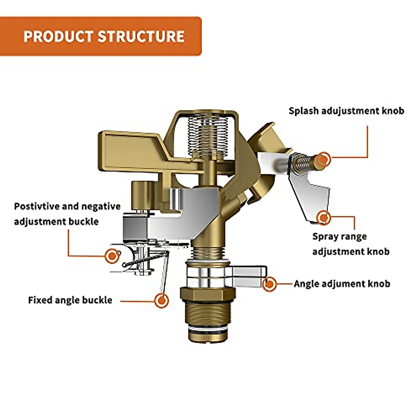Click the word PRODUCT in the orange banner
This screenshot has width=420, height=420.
[59, 36]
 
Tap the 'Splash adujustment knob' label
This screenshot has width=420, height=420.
[346, 111]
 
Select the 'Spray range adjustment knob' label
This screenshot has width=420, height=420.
[351, 244]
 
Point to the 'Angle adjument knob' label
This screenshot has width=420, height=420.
[342, 284]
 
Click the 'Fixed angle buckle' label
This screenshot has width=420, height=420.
[70, 300]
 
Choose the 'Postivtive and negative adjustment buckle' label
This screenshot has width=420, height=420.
[67, 214]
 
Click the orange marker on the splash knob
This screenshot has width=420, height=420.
[323, 160]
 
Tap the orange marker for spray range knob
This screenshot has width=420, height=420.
[324, 217]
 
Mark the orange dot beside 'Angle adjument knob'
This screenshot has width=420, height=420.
[269, 284]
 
